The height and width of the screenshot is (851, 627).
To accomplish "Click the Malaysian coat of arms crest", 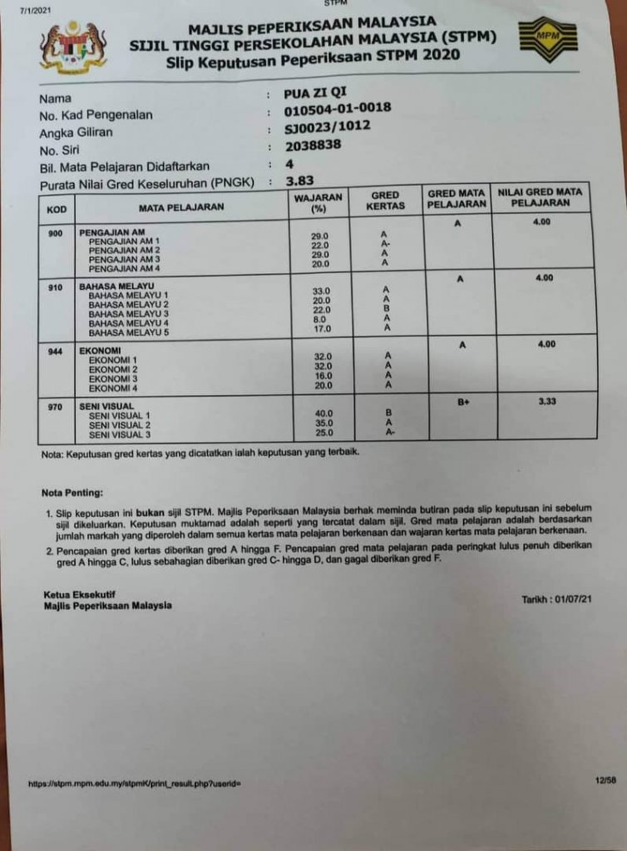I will coord(73,47).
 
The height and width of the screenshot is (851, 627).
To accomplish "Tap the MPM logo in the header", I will coord(547,38).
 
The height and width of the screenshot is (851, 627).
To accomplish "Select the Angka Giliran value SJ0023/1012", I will coord(327,126).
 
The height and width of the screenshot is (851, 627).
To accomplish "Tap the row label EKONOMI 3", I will coord(113,378).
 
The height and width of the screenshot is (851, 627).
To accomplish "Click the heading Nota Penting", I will coord(72,493).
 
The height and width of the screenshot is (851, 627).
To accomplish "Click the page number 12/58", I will coord(605,780).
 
